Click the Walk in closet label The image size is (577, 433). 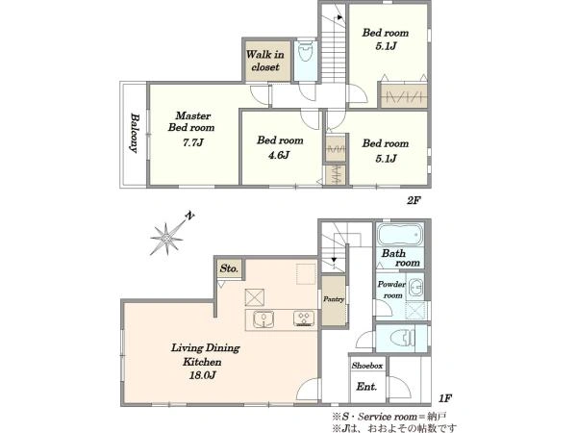265,61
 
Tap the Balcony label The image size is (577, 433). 135,133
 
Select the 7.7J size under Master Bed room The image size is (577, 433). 193,142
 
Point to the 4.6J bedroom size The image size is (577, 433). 278,155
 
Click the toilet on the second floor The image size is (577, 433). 306,53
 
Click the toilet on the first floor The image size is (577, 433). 402,338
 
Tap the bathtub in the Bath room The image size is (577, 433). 400,234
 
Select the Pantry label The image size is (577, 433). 334,299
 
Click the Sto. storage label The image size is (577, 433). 229,268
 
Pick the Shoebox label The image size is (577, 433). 367,366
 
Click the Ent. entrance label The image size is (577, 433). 366,387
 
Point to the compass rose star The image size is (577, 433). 166,240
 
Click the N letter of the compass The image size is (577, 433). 189,216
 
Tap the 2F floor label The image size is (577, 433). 414,201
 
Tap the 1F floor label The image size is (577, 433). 444,398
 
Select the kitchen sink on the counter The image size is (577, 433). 263,318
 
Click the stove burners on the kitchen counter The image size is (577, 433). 304,318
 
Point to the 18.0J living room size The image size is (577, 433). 202,375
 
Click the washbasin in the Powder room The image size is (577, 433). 417,287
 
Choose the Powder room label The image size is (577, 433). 391,290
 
